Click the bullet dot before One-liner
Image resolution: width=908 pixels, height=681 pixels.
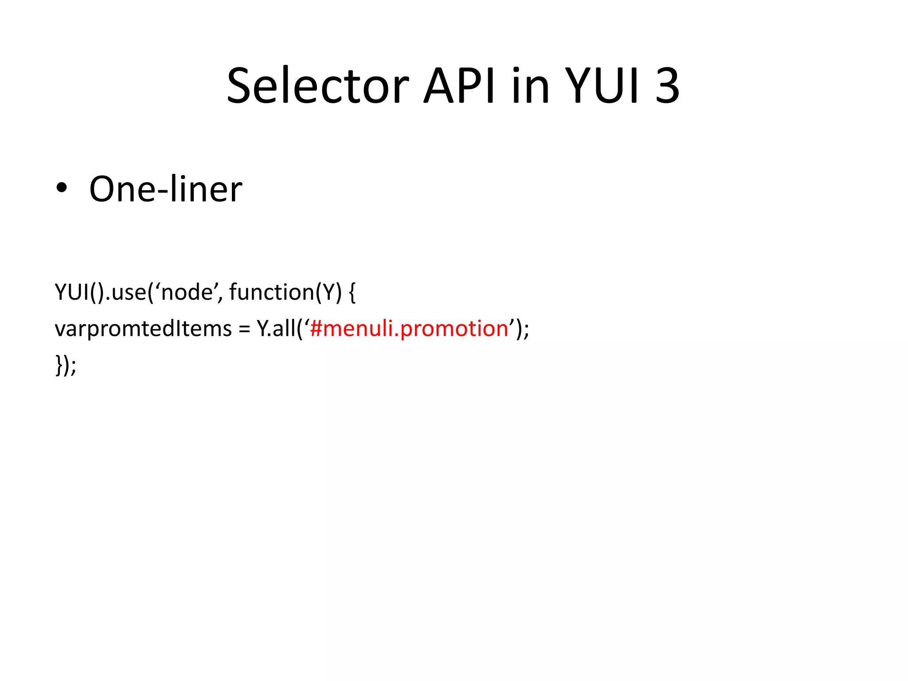click(x=62, y=188)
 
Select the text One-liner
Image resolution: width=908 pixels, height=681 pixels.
click(x=165, y=189)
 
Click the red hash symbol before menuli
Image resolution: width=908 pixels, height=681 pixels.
click(x=316, y=329)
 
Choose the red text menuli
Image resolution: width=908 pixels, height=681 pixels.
click(x=358, y=329)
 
